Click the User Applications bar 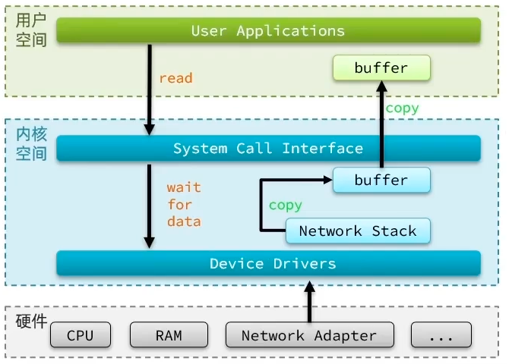pyautogui.click(x=268, y=31)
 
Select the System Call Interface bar pyautogui.click(x=268, y=148)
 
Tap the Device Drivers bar pyautogui.click(x=268, y=263)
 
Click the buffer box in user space pyautogui.click(x=381, y=68)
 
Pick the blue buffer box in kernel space pyautogui.click(x=381, y=180)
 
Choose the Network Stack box pyautogui.click(x=358, y=231)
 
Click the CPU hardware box pyautogui.click(x=81, y=335)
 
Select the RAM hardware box pyautogui.click(x=169, y=335)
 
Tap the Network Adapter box pyautogui.click(x=309, y=335)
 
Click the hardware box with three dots pyautogui.click(x=441, y=335)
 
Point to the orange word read pyautogui.click(x=175, y=77)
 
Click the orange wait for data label pyautogui.click(x=184, y=204)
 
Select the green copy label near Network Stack pyautogui.click(x=285, y=205)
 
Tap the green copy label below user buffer pyautogui.click(x=402, y=108)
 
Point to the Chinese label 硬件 pyautogui.click(x=31, y=321)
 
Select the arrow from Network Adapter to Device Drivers pyautogui.click(x=309, y=300)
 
